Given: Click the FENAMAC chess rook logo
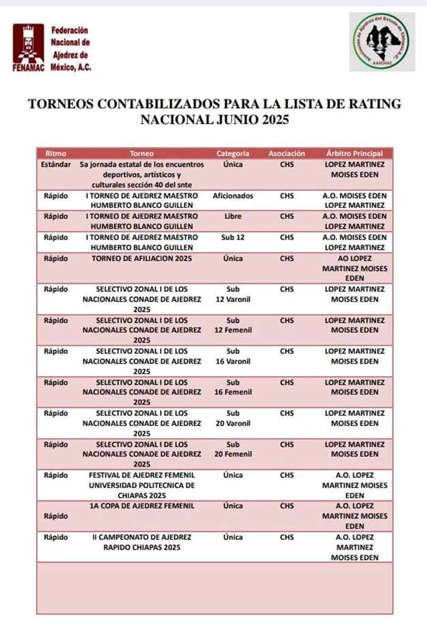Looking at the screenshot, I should click(28, 44).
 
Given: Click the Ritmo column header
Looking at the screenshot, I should click(56, 154).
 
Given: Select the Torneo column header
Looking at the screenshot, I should click(142, 154).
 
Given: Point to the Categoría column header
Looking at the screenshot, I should click(232, 154).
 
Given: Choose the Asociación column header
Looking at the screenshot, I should click(287, 154).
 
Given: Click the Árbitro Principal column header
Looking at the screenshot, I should click(354, 154).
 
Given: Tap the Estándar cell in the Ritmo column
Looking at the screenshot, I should click(56, 165).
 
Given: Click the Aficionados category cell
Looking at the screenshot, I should click(232, 196).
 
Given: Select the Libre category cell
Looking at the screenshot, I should click(232, 216).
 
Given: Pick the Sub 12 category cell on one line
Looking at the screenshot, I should click(232, 237).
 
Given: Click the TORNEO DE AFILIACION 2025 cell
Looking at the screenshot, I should click(142, 258).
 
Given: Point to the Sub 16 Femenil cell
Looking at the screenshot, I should click(232, 387).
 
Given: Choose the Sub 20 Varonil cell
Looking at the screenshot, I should click(232, 418).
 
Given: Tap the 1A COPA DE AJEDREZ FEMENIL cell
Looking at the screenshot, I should click(142, 506).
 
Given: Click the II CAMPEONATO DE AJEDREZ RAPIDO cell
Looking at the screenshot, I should click(142, 542).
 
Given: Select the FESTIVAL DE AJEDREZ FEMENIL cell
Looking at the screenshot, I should click(142, 485).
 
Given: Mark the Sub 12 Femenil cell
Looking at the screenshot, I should click(232, 325).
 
